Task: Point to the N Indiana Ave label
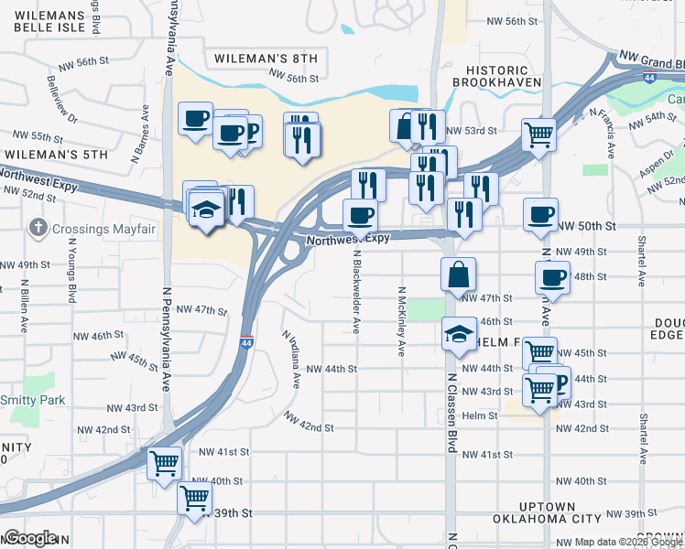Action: tap(292, 361)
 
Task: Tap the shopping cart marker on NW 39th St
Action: tap(194, 498)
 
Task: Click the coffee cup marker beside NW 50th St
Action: tap(540, 214)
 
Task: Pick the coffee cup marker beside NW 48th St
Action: tap(551, 276)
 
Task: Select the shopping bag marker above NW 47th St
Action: tap(458, 273)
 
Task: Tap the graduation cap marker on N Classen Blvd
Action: tap(458, 333)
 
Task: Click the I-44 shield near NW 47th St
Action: tap(247, 342)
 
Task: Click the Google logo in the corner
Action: tap(30, 538)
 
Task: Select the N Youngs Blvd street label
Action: tap(71, 272)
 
